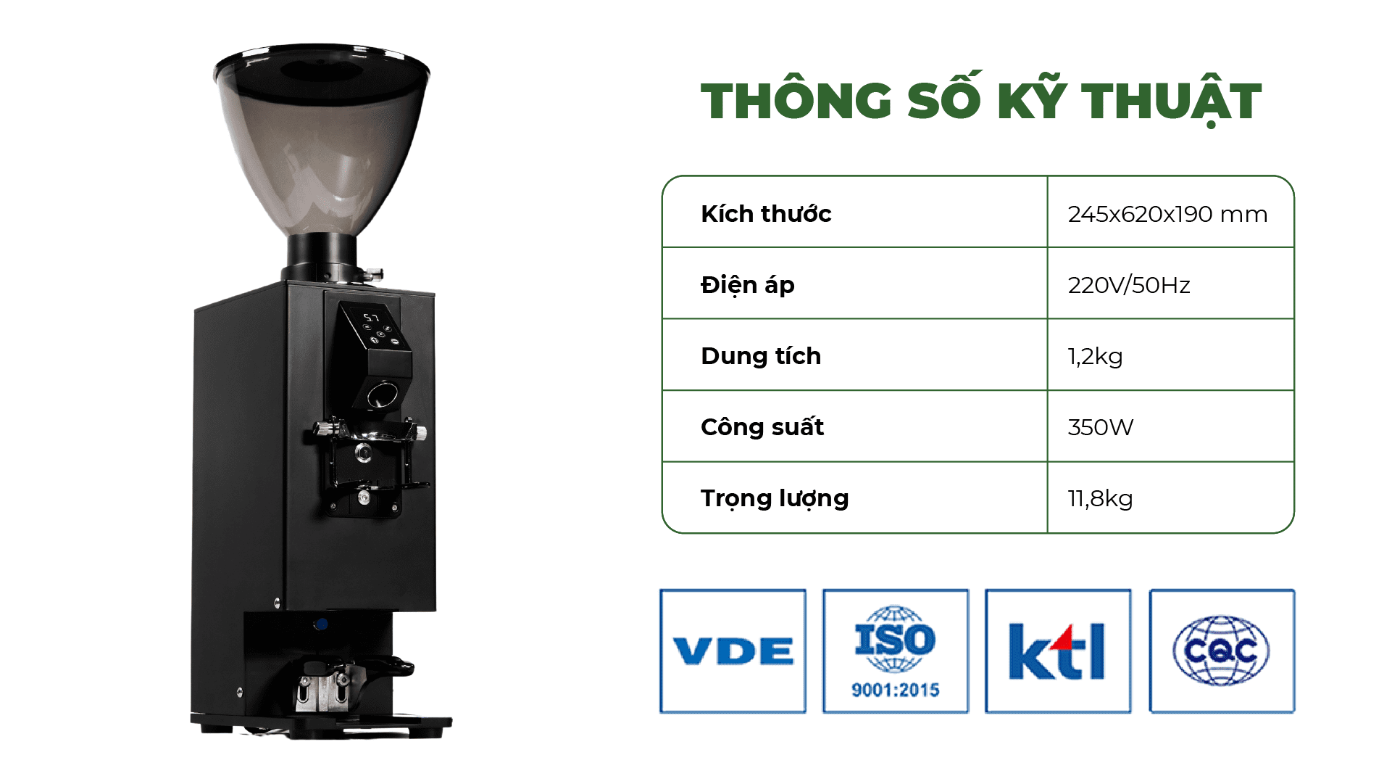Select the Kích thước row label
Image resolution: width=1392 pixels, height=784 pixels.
tap(766, 214)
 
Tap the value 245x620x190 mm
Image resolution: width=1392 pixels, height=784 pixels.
tap(1167, 214)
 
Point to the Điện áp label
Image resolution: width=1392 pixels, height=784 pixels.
tap(748, 284)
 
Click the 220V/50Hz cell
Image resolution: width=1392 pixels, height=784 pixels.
tap(1129, 285)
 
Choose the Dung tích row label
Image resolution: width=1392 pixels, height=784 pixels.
tap(761, 356)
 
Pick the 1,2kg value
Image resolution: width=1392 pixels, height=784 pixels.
tap(1095, 356)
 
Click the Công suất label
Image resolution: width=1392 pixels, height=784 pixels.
tap(762, 426)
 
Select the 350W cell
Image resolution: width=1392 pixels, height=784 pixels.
tap(1100, 427)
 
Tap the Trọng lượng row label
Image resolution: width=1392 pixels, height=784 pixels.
tap(775, 498)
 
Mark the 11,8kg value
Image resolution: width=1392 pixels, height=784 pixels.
tap(1100, 498)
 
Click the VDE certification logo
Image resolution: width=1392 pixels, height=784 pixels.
tap(733, 651)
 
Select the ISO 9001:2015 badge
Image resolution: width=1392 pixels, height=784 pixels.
tap(896, 651)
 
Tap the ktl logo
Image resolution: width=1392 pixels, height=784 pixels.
tap(1058, 651)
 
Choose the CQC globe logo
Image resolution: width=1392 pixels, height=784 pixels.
tap(1222, 651)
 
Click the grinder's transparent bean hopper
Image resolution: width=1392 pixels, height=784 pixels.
tap(322, 138)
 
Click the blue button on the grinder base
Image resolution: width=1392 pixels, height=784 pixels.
tap(321, 624)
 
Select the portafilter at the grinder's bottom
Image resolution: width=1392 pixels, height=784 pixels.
tap(348, 682)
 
